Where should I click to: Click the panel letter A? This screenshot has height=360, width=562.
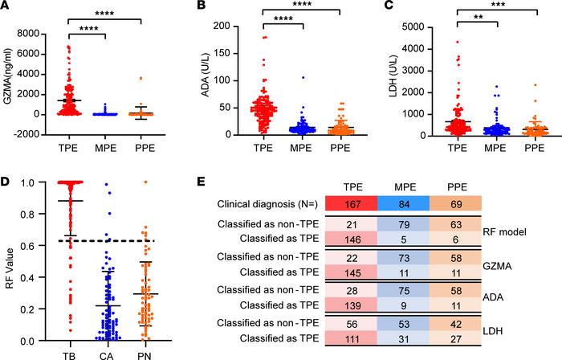click(6, 7)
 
